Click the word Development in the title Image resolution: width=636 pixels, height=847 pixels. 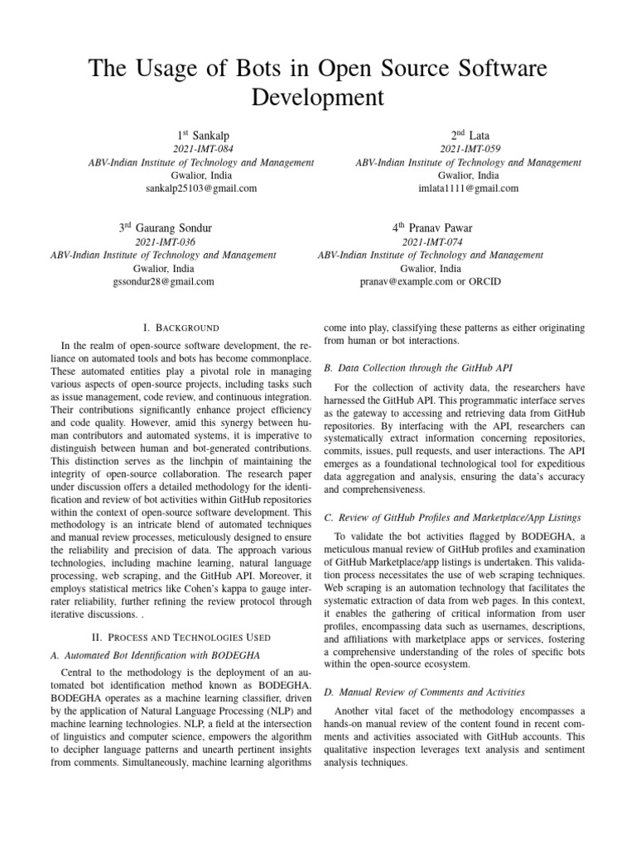point(317,97)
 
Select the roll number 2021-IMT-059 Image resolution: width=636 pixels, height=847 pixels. point(468,149)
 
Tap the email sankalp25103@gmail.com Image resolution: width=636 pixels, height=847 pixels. point(201,189)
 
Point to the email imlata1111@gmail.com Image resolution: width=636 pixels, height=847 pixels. point(468,189)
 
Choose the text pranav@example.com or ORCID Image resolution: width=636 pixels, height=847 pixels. point(430,281)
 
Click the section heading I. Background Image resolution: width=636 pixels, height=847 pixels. point(181,328)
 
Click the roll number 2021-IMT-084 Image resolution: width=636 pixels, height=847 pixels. point(201,149)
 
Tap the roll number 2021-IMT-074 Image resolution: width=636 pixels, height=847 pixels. point(430,242)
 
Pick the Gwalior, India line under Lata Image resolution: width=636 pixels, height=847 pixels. point(468,175)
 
